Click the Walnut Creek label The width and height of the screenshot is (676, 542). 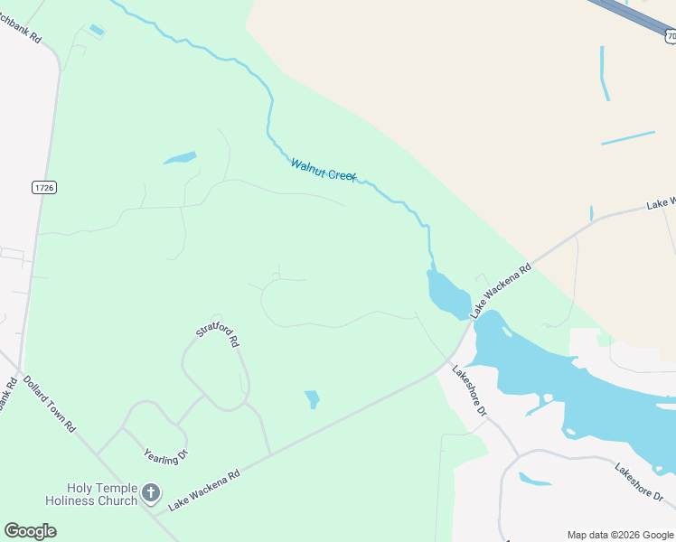tap(324, 170)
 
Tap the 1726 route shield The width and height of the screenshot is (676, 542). tap(43, 187)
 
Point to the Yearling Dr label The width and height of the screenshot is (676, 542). tap(165, 455)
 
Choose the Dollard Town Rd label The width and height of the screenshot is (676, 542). tap(49, 404)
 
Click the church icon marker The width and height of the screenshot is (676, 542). tap(151, 493)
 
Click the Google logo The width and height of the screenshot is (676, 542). tap(30, 531)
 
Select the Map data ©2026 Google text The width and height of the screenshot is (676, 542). tap(620, 535)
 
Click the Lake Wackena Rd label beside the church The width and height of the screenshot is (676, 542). tap(204, 488)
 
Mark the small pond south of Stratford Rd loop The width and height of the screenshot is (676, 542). tap(313, 398)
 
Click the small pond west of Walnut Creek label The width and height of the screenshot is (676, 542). tap(180, 158)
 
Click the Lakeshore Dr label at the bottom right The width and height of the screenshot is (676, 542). tap(639, 483)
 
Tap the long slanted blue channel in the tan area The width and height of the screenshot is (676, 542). tap(627, 138)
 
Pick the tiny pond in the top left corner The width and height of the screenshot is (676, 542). tap(97, 31)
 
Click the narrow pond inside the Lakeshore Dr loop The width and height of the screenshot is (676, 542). tap(535, 479)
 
